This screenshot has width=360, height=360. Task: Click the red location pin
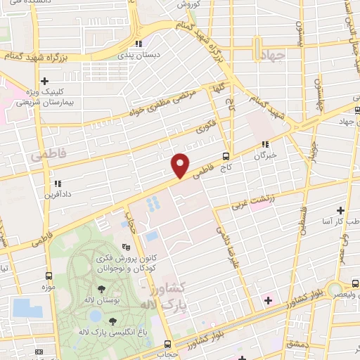point(181,165)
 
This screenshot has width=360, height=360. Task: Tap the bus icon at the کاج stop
point(226,156)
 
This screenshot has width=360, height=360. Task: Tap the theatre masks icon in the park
point(125,247)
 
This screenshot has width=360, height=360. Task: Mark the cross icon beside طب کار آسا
point(340,210)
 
